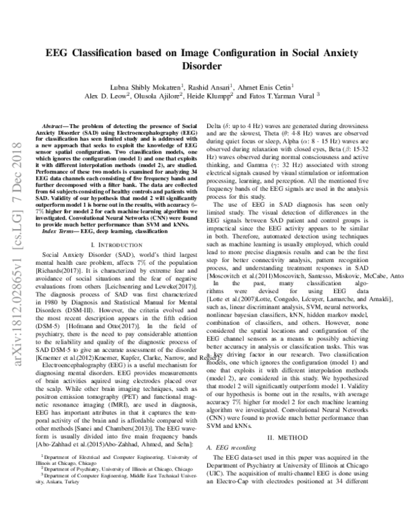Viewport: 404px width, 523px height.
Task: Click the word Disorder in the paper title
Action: coord(201,67)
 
